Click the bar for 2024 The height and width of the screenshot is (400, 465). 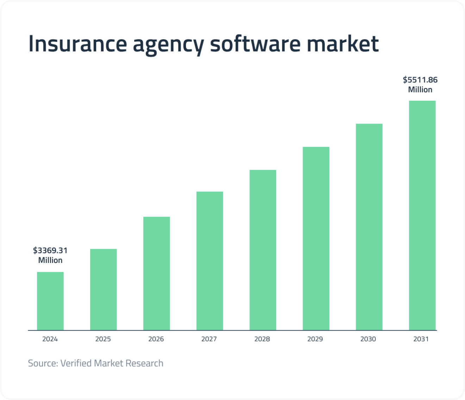(x=50, y=301)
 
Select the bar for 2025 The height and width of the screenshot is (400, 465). (x=103, y=289)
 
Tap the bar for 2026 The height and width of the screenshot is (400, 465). (x=156, y=273)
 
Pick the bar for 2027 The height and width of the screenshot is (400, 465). (x=210, y=261)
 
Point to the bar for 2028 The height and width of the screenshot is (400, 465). (x=263, y=250)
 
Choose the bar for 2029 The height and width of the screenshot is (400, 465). (x=316, y=239)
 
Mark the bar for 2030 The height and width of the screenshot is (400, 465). (x=369, y=227)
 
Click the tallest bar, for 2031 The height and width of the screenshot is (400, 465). (x=422, y=215)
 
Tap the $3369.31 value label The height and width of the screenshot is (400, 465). (x=50, y=251)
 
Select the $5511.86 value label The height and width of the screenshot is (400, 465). (x=420, y=80)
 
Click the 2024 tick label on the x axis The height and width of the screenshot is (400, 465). (x=50, y=339)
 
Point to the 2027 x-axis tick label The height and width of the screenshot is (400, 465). (x=209, y=339)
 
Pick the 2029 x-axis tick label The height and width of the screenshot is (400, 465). (x=315, y=339)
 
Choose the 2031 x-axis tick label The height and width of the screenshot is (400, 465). (x=421, y=339)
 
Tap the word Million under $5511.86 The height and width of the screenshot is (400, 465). (x=420, y=90)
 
